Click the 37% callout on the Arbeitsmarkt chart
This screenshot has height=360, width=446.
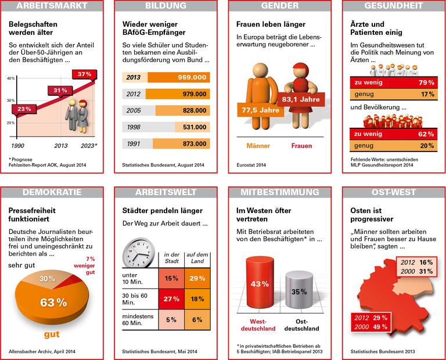point(84,74)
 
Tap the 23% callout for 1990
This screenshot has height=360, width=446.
point(24,109)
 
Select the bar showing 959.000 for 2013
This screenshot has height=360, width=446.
point(179,77)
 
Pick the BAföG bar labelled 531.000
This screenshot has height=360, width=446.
point(192,127)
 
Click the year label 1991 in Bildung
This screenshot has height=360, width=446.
point(134,144)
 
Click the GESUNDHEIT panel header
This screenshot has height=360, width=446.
point(393,6)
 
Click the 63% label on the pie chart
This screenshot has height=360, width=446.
point(53,302)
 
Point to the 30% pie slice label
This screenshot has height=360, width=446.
point(47,279)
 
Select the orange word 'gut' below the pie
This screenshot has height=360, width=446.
point(52,334)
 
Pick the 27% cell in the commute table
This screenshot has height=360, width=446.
point(171,299)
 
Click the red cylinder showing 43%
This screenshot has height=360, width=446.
point(259,285)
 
